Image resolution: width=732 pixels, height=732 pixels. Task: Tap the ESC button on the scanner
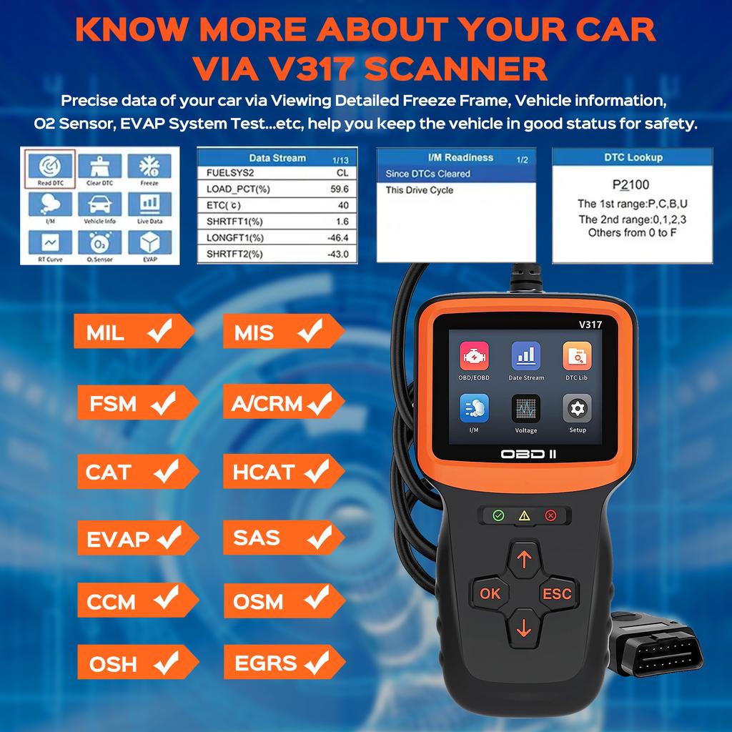pyautogui.click(x=557, y=593)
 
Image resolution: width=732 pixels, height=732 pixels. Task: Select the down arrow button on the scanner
pyautogui.click(x=524, y=628)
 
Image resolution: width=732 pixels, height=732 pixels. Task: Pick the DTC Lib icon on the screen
pyautogui.click(x=576, y=355)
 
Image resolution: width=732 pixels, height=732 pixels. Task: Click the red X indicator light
pyautogui.click(x=550, y=515)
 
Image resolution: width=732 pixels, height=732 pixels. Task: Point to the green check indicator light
pyautogui.click(x=498, y=515)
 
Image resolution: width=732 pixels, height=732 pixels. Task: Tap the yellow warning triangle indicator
pyautogui.click(x=524, y=515)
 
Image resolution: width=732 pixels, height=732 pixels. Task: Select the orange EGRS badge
pyautogui.click(x=281, y=663)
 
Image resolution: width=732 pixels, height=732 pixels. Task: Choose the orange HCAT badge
pyautogui.click(x=281, y=472)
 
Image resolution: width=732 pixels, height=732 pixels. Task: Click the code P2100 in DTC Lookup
pyautogui.click(x=630, y=185)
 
